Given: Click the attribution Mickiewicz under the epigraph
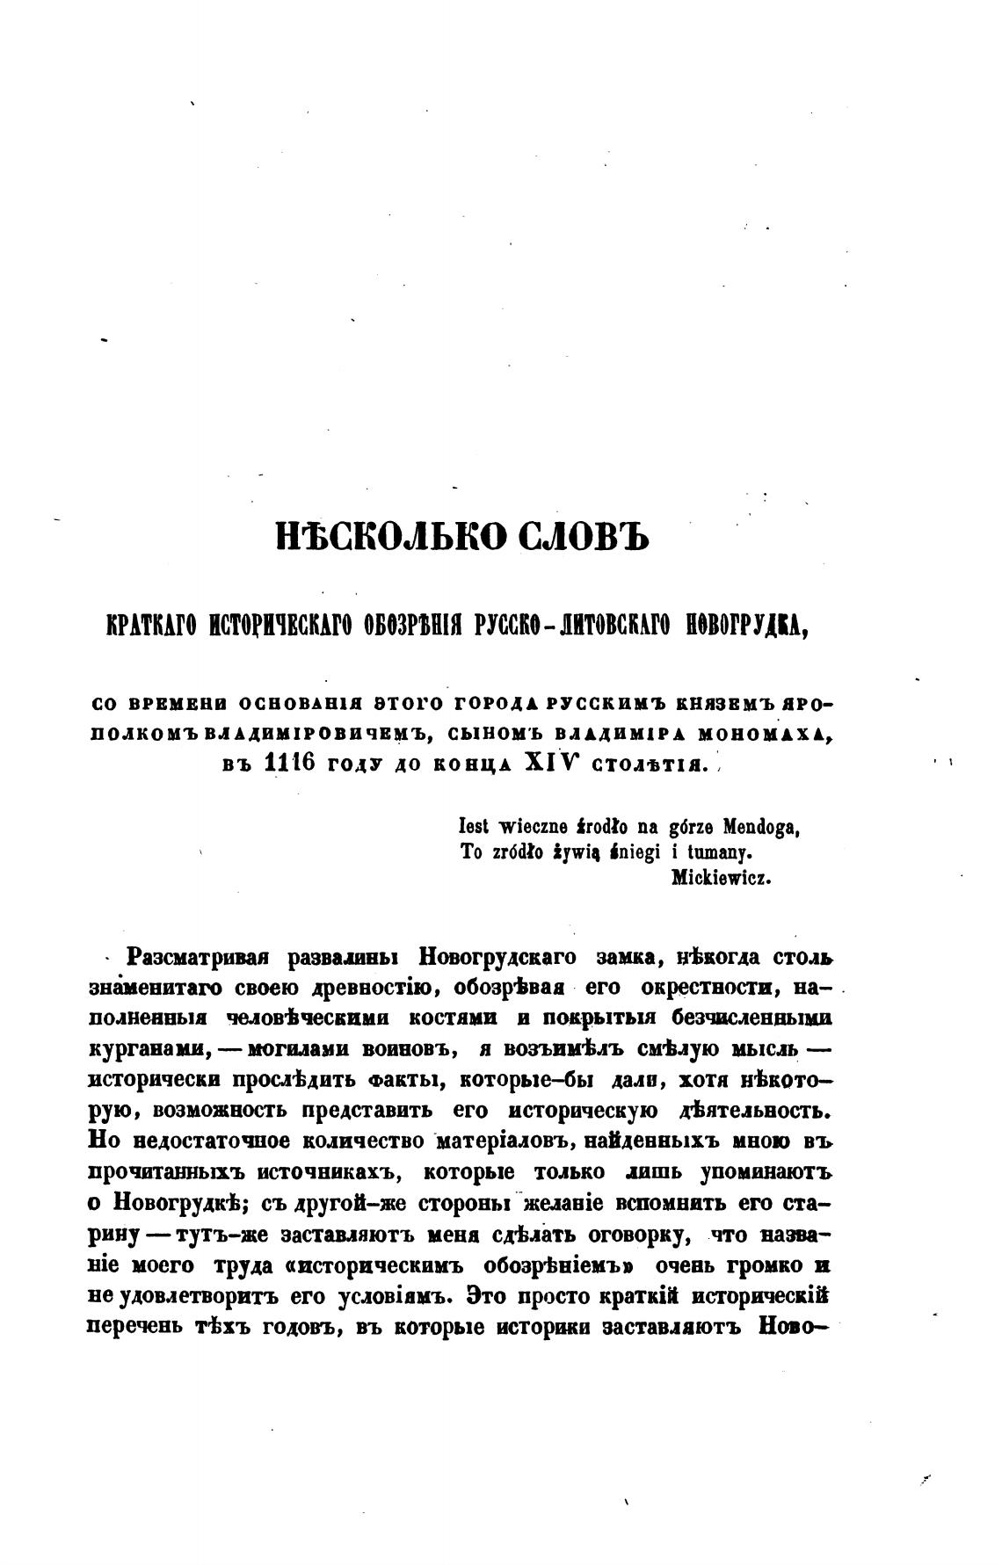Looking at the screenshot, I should (x=721, y=876).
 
